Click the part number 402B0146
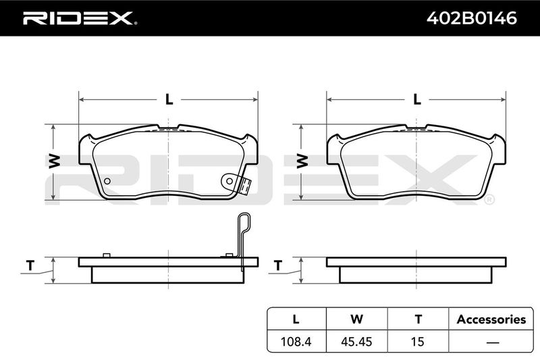[x=471, y=18]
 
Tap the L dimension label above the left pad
[x=169, y=99]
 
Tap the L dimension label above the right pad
[x=417, y=99]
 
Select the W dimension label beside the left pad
[x=55, y=161]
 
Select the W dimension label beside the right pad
[x=302, y=161]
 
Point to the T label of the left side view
[x=30, y=266]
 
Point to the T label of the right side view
[x=278, y=266]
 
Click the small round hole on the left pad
[x=107, y=181]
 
